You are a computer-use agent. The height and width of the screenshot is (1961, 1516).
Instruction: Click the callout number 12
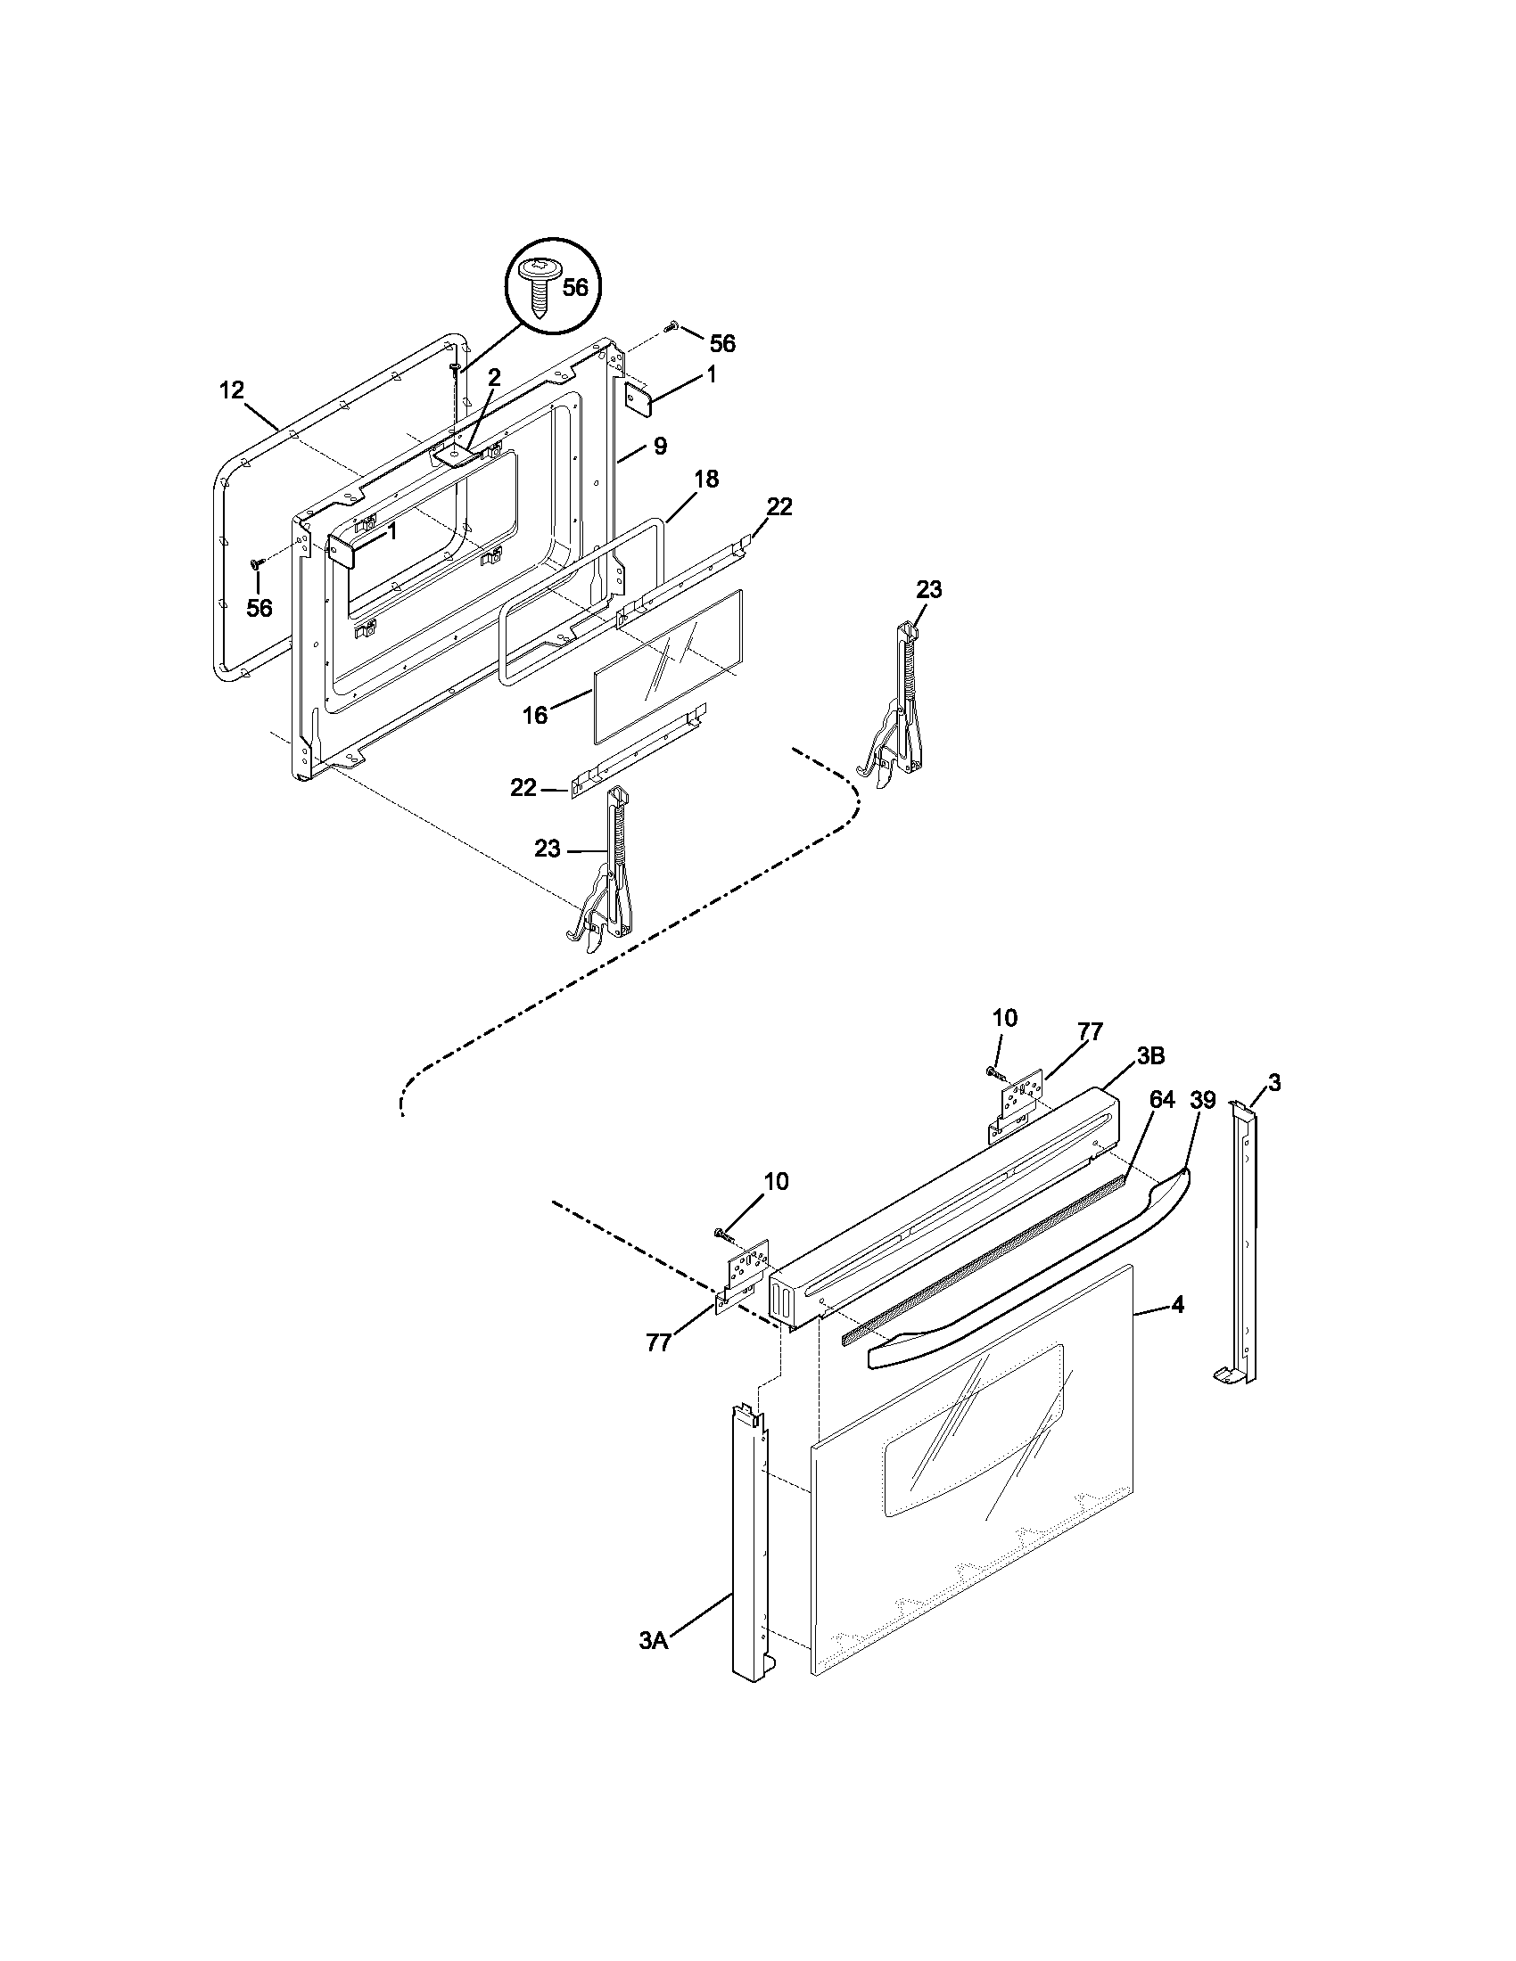[x=231, y=390]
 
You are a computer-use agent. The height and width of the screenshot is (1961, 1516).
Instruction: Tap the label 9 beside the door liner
[x=660, y=447]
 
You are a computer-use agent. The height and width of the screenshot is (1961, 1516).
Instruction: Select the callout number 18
[x=707, y=480]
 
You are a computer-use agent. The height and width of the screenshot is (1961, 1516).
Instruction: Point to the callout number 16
[x=535, y=716]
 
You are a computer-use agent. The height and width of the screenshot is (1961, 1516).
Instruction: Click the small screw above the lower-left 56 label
[x=257, y=563]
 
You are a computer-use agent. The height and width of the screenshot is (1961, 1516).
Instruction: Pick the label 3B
[x=1150, y=1056]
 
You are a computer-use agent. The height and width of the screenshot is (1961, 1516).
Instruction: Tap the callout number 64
[x=1162, y=1100]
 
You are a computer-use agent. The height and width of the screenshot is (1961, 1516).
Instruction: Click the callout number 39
[x=1204, y=1100]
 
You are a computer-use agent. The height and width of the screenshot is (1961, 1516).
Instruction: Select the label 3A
[x=654, y=1640]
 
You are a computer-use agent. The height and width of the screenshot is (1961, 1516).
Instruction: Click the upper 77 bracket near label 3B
[x=1017, y=1106]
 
